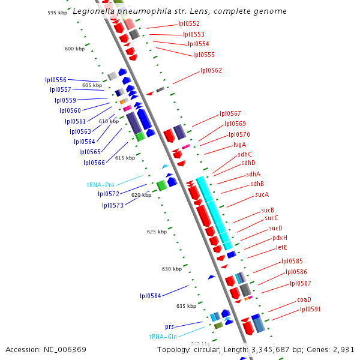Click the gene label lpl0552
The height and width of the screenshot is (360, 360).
coord(189,24)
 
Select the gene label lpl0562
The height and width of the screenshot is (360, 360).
coord(211,71)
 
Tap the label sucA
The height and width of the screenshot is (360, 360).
coord(262,194)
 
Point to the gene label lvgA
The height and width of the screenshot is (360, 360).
coord(239,145)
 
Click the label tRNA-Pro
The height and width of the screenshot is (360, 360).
coord(101,185)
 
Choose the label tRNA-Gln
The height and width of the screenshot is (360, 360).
coord(163,337)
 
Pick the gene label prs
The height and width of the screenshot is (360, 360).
coord(169,327)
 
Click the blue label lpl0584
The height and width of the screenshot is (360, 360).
coord(151,295)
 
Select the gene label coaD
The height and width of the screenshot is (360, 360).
coord(304,299)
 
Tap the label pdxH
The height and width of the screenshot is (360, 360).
coord(280,238)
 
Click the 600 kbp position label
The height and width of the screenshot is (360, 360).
coord(74,49)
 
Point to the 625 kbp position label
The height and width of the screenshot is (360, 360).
coord(157,231)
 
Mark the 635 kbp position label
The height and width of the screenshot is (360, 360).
coord(185,306)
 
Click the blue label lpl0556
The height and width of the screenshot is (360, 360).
coord(56,80)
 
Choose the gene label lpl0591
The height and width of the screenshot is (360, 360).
coord(310,310)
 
